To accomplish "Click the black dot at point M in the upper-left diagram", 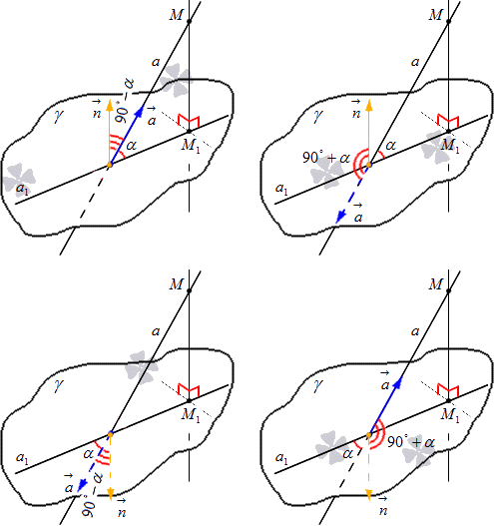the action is [x=189, y=21].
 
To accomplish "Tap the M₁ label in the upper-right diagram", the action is [x=450, y=146].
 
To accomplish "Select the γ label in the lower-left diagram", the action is [x=58, y=385].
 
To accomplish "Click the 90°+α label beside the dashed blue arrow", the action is [x=326, y=157].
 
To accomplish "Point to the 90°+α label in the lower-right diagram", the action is [x=411, y=442].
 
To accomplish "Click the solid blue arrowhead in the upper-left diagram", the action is [x=140, y=111].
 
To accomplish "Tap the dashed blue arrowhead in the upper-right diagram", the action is [x=340, y=217].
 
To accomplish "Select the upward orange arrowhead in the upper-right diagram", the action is [x=369, y=105].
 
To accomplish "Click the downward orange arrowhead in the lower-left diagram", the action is [x=111, y=492].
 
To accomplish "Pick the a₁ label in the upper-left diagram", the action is [x=23, y=190].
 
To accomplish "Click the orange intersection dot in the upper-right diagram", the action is [x=369, y=165].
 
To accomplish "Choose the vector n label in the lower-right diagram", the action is [x=383, y=506].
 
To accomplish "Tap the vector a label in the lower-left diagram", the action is [x=69, y=484].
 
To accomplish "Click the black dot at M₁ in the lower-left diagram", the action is [x=189, y=400].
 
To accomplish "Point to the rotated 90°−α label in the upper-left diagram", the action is [x=124, y=100].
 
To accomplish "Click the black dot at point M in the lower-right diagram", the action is [x=449, y=290].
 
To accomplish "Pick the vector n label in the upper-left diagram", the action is [x=97, y=110].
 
